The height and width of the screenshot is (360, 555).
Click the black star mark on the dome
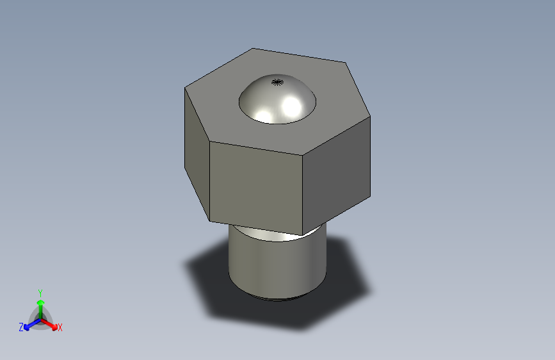(277, 82)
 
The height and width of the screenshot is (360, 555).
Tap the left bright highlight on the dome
(264, 116)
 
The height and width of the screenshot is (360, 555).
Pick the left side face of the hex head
(197, 154)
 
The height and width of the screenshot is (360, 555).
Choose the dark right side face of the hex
(337, 173)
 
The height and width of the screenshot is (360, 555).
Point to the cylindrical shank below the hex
(277, 266)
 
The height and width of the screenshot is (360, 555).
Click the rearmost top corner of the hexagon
(253, 48)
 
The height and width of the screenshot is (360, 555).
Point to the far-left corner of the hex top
(185, 88)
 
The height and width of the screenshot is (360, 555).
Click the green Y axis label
(40, 291)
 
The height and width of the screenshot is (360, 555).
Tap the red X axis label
(60, 328)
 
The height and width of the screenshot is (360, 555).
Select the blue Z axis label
(21, 327)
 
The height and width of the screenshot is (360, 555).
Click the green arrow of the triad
(40, 304)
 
